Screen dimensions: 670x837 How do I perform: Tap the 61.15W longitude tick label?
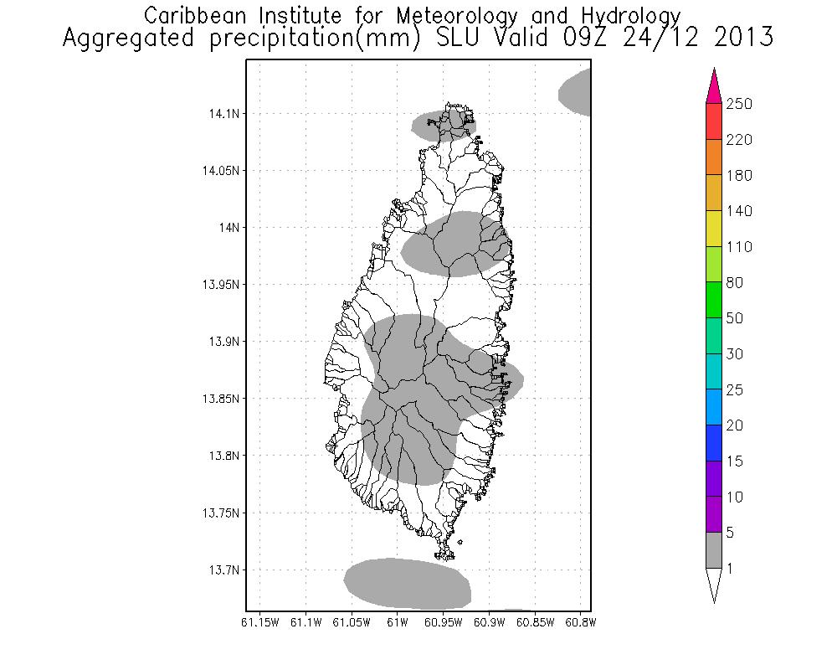(260, 622)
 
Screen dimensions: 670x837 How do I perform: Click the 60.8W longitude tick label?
(580, 622)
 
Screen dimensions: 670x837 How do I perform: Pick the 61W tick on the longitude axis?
(398, 622)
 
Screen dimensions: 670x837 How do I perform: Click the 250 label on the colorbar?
(739, 104)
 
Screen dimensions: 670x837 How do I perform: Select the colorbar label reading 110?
(739, 247)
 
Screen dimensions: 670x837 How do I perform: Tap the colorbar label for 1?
(732, 569)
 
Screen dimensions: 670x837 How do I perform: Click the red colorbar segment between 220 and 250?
(713, 121)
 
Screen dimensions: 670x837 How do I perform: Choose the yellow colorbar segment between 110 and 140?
(713, 229)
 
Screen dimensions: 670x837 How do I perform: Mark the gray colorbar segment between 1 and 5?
(713, 550)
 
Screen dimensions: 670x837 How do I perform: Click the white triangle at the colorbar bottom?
(713, 584)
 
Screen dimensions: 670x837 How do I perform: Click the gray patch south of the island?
(408, 583)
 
